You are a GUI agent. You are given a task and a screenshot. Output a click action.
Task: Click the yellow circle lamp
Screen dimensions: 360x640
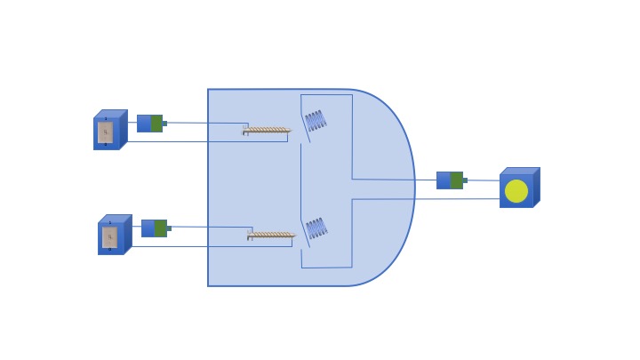coord(516,191)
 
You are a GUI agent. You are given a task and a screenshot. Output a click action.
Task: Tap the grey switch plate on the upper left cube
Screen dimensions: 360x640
coord(105,132)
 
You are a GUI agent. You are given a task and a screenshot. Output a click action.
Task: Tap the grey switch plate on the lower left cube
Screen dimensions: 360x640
coord(109,237)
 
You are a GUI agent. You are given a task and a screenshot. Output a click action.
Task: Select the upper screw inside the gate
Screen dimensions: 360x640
coord(267,131)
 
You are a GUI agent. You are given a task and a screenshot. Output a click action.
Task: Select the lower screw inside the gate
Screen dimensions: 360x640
coord(271,236)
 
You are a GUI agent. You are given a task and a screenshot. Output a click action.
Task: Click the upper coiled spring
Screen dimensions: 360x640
coord(316,121)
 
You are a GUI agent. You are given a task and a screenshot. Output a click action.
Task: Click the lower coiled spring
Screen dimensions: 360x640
coord(316,228)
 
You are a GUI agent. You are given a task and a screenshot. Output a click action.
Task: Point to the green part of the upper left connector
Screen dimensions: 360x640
coord(156,124)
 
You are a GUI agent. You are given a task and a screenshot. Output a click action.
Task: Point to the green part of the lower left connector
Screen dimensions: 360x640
coord(161,228)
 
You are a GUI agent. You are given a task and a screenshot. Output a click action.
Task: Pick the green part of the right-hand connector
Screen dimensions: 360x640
coord(456,180)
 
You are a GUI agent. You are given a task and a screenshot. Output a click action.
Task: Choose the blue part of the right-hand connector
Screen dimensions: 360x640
coord(444,180)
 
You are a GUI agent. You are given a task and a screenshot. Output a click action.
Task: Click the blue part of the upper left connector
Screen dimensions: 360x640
coord(143,124)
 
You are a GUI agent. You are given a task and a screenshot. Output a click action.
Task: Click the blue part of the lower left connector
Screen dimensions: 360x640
coord(148,228)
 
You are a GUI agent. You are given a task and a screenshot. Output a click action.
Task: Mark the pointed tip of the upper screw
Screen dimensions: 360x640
coord(290,131)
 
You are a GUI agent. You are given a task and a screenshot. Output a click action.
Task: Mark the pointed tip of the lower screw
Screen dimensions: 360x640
coord(294,236)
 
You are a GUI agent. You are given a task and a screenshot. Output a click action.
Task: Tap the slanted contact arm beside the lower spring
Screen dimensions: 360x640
coord(305,235)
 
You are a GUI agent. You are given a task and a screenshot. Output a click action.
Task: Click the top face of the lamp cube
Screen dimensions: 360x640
coord(520,171)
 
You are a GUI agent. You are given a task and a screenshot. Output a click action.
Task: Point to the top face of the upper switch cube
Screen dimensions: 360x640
coord(111,114)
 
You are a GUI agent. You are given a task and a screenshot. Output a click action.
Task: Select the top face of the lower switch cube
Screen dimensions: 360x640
coord(116,219)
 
